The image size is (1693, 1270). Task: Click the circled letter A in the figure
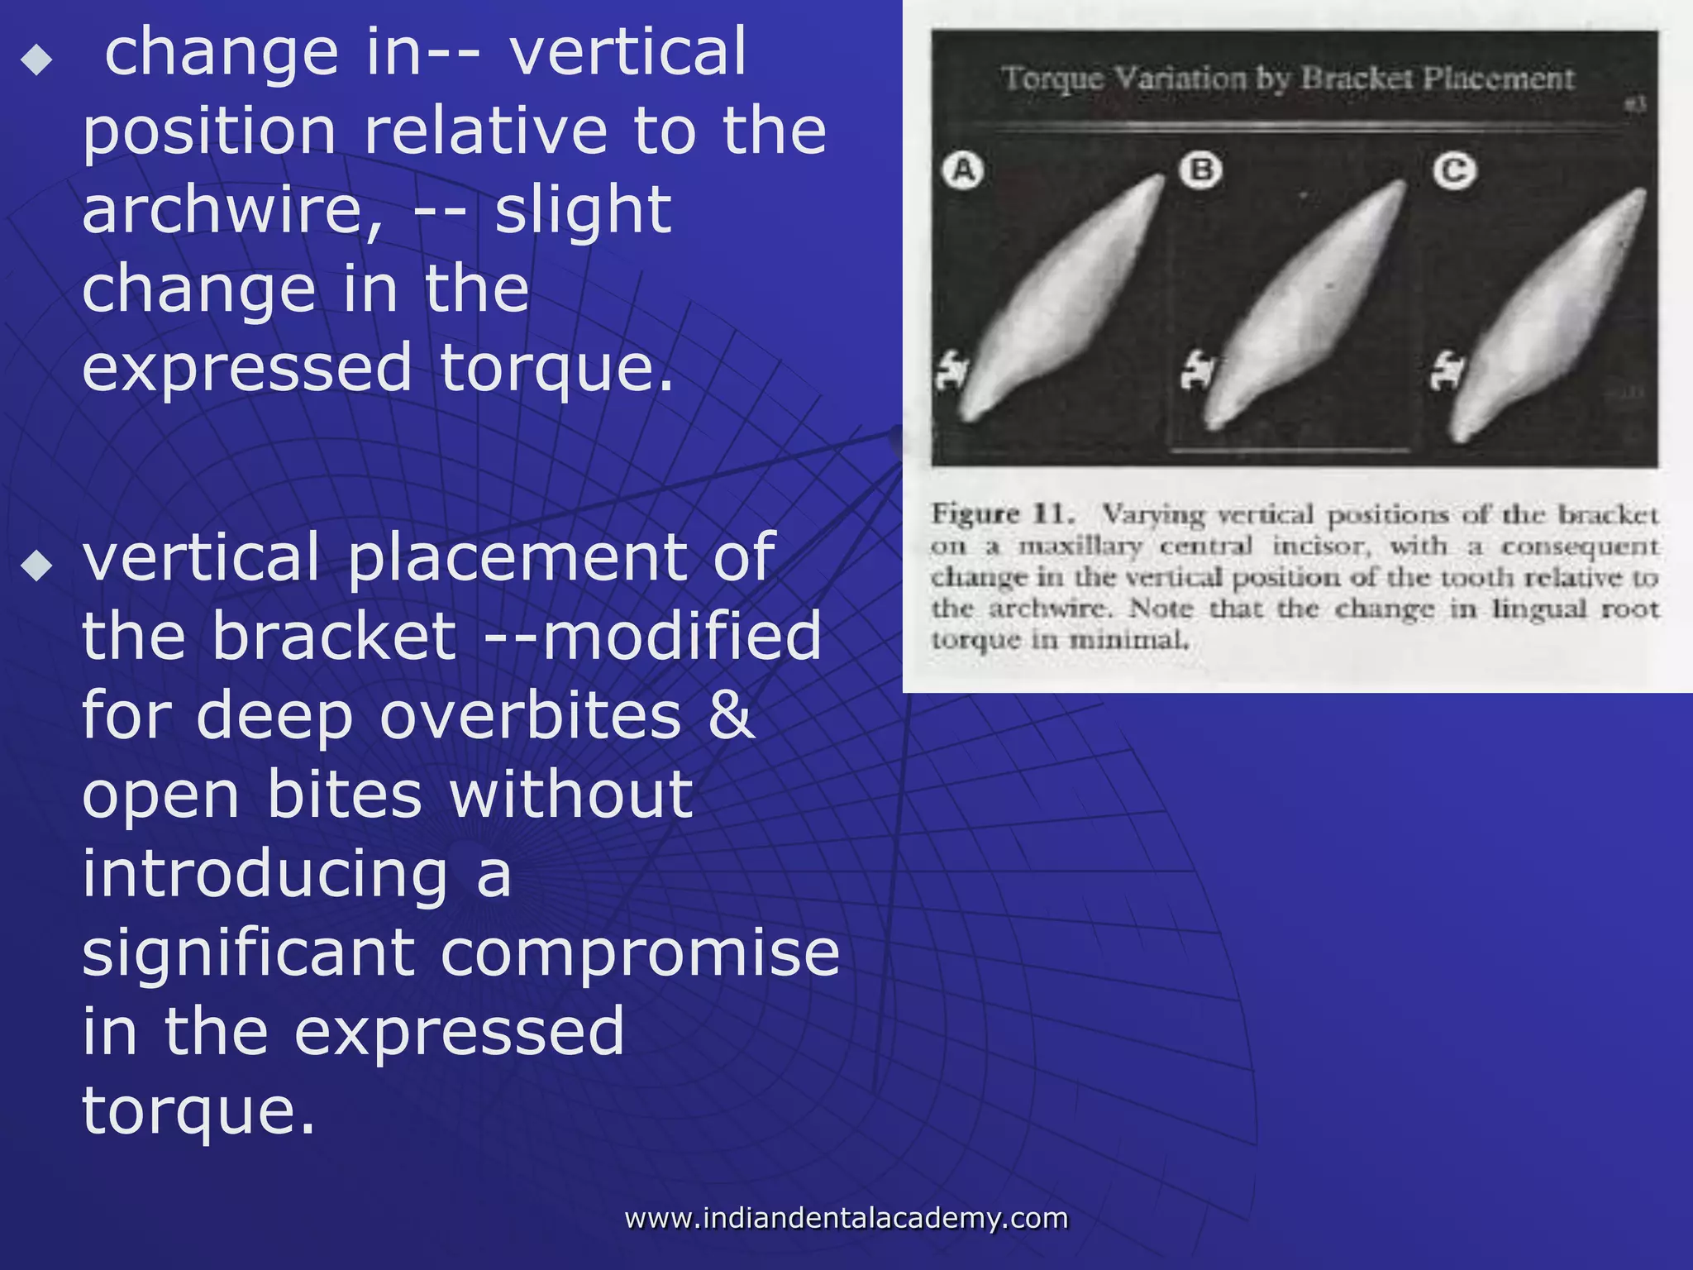click(x=963, y=171)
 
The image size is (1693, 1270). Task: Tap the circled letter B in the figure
click(x=1201, y=170)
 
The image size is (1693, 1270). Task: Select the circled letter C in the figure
click(x=1454, y=171)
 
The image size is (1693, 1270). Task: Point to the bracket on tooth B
click(x=1196, y=370)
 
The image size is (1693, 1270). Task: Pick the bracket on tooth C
click(x=1447, y=371)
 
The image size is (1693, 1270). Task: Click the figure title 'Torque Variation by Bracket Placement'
click(x=1288, y=79)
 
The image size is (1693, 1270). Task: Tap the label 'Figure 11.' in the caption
click(x=1003, y=513)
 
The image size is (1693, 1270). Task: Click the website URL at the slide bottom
click(x=846, y=1218)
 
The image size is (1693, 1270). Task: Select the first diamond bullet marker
click(x=37, y=60)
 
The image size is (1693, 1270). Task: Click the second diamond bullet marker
click(x=37, y=566)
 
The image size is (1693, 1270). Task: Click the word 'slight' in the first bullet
click(x=583, y=210)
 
